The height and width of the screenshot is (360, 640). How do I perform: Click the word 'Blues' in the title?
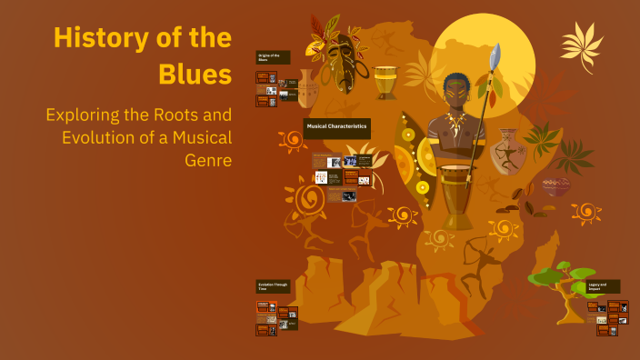pos(195,75)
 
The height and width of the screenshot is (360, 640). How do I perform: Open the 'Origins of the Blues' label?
pos(273,56)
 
